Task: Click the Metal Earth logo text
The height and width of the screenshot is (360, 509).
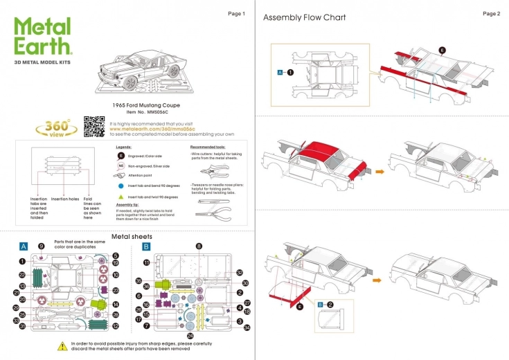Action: tap(42, 36)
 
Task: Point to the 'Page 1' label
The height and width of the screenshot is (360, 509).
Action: tap(236, 14)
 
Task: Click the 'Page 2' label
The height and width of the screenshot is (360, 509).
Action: tap(491, 14)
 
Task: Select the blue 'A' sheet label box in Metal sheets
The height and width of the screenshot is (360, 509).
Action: tap(24, 246)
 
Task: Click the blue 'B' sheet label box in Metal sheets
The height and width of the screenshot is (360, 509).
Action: tap(146, 246)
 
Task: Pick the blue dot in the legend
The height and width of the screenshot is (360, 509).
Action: tap(120, 186)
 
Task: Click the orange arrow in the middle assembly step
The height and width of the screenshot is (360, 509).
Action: tap(379, 170)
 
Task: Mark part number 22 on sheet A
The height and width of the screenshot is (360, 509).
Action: tap(22, 275)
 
